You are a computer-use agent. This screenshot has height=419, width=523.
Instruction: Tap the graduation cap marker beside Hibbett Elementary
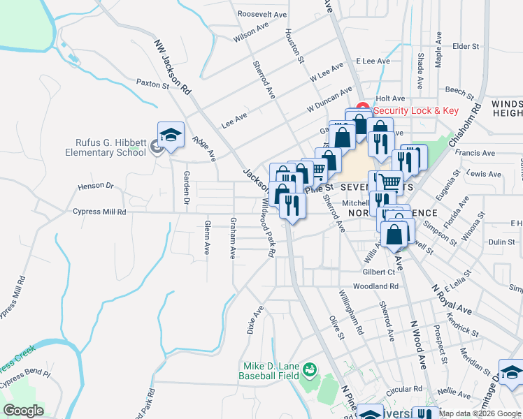tap(170, 135)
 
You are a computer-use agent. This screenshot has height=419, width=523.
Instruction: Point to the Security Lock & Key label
tap(415, 110)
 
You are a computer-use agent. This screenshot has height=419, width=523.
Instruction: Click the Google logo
tap(23, 411)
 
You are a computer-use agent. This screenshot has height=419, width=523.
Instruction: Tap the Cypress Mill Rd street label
tap(99, 212)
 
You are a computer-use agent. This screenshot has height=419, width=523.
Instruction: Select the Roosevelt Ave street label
tap(262, 14)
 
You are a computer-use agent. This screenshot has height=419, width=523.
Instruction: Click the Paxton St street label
tap(152, 84)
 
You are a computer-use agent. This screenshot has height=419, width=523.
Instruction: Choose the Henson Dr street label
tap(95, 186)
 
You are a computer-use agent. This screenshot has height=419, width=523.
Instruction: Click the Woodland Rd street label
tap(375, 286)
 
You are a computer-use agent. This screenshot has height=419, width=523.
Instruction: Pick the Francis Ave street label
tap(474, 153)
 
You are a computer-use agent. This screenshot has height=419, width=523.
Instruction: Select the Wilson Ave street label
tap(252, 32)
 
